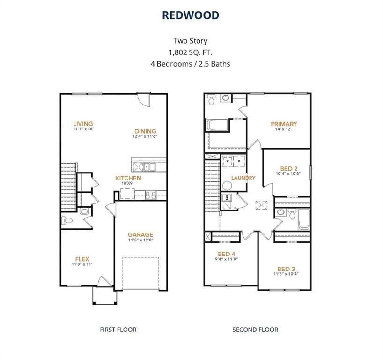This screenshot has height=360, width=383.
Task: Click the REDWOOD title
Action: (x=191, y=15)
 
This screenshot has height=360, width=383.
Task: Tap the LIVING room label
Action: (x=83, y=124)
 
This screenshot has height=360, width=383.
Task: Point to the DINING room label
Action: (x=145, y=131)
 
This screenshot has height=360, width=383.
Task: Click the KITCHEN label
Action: (x=128, y=178)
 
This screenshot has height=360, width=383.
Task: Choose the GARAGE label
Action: (x=140, y=235)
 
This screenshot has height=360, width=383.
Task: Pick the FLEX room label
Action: (x=82, y=259)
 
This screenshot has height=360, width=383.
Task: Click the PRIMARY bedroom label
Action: (x=284, y=124)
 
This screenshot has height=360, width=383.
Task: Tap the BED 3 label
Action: (x=287, y=269)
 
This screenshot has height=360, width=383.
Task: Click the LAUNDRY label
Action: (x=243, y=178)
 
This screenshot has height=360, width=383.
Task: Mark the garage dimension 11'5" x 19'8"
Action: (x=140, y=240)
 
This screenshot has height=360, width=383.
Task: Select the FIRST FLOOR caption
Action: (x=118, y=330)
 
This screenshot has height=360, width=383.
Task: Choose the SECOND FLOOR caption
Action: (x=255, y=330)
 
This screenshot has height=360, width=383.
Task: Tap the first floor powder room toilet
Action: (x=66, y=220)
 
